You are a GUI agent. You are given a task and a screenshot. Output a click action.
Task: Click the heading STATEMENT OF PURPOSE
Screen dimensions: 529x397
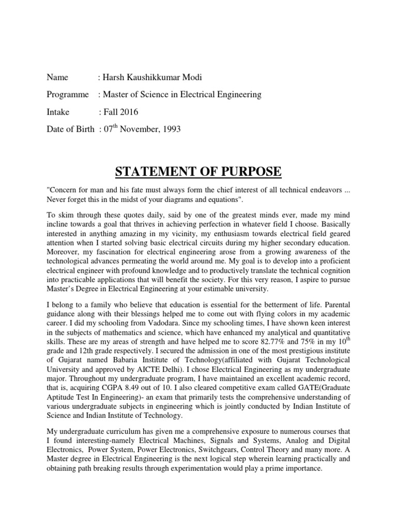click(x=198, y=171)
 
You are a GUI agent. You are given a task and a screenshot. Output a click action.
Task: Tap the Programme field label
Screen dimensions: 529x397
click(x=67, y=95)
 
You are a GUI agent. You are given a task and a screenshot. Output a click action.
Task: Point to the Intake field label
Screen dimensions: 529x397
click(x=58, y=112)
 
